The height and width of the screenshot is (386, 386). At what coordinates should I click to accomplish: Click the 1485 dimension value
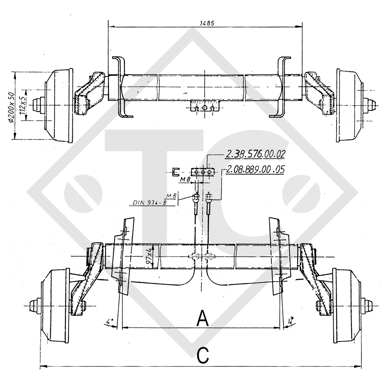pos(205,23)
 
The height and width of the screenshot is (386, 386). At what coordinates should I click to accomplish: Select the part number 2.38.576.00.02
pos(255,154)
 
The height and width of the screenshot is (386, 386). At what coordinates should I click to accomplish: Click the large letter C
pos(202,355)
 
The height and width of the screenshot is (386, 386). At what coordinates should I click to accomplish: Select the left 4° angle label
pos(110,322)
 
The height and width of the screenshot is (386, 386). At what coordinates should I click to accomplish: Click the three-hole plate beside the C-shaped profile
pos(203,172)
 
